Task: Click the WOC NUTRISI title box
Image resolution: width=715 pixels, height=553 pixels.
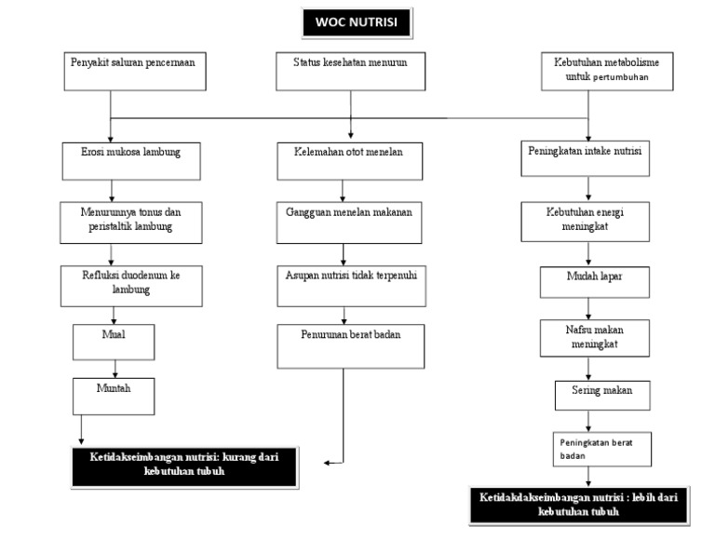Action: pyautogui.click(x=356, y=22)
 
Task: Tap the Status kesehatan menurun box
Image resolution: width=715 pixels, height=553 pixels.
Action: pyautogui.click(x=351, y=71)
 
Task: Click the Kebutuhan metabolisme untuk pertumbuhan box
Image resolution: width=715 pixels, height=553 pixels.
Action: pyautogui.click(x=607, y=71)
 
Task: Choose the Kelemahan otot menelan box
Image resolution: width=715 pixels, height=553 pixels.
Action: pyautogui.click(x=351, y=159)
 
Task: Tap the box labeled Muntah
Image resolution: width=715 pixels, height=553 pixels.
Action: pyautogui.click(x=113, y=396)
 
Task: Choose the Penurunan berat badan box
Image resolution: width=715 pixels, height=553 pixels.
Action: pyautogui.click(x=351, y=345)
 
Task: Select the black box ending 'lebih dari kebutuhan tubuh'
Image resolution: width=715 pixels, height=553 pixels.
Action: pyautogui.click(x=579, y=506)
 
